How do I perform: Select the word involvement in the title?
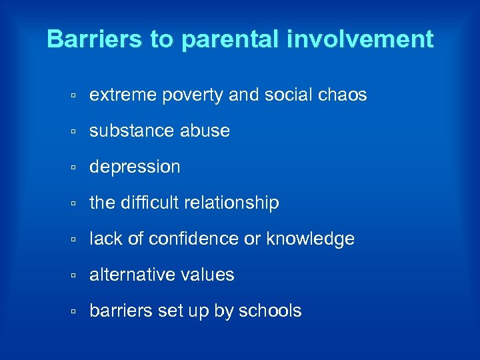[360, 39]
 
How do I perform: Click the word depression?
[135, 167]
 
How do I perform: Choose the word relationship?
[234, 203]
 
